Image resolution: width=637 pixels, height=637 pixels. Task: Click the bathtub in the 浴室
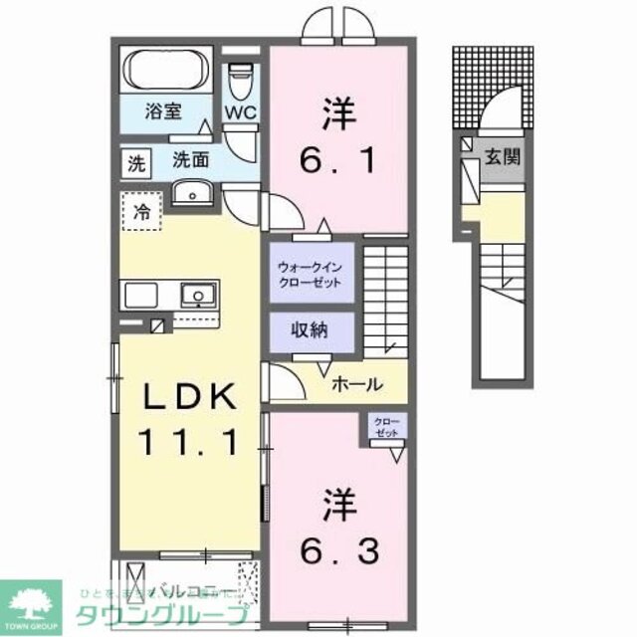tap(165, 71)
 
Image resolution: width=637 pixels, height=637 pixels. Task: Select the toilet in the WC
tap(240, 80)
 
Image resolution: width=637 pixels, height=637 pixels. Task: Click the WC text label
tap(240, 112)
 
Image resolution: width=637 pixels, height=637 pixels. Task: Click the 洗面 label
tap(189, 158)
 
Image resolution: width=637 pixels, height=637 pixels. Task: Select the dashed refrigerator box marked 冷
tap(143, 211)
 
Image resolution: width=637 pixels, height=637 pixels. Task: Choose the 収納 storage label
tap(310, 330)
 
